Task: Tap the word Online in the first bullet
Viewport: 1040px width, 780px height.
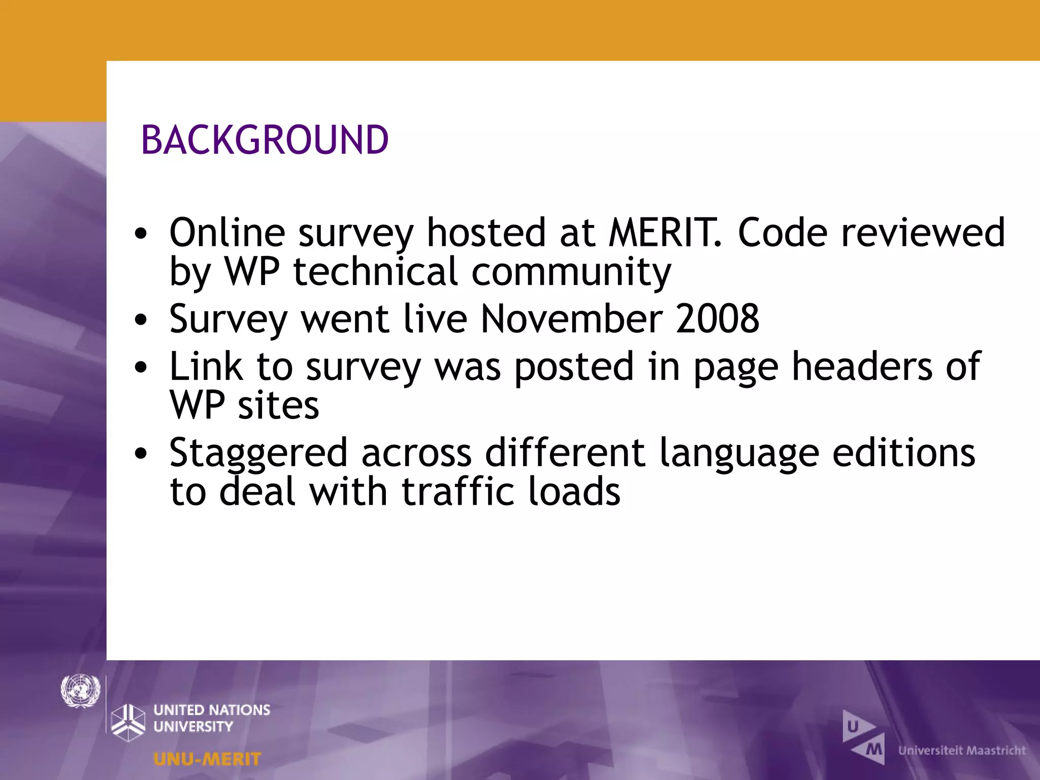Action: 227,233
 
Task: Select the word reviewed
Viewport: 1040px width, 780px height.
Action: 923,233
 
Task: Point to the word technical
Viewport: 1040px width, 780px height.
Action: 376,272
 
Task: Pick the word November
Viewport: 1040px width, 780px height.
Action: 572,319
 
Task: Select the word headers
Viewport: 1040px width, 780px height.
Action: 862,366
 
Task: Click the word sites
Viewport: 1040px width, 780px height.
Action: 278,405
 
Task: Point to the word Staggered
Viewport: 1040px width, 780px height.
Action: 258,453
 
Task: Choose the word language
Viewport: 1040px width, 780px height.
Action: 739,453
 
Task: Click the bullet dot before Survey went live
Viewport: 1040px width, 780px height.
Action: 141,320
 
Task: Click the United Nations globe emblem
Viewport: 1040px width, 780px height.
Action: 80,691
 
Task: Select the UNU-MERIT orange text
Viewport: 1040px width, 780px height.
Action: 207,759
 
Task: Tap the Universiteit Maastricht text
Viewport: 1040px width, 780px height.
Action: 962,750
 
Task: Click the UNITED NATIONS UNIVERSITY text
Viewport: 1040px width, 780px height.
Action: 212,718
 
